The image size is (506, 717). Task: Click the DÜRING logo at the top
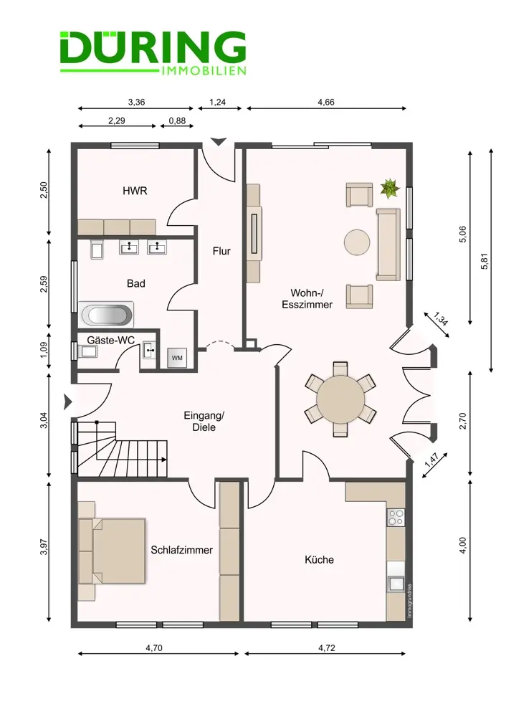[153, 52]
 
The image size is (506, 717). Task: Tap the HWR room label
[135, 191]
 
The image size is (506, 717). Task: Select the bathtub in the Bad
[106, 315]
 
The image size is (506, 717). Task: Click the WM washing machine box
[176, 358]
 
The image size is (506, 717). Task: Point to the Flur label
[221, 251]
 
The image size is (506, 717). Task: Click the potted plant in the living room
[390, 189]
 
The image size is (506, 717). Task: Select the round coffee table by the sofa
[357, 242]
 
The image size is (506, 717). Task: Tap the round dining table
[340, 399]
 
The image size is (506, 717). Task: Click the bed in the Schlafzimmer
[112, 551]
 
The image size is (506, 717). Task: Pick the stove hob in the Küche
[396, 517]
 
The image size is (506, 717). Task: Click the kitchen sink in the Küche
[396, 584]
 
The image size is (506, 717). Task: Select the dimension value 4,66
[326, 102]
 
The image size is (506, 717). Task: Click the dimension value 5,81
[484, 261]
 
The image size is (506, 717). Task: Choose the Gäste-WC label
[110, 340]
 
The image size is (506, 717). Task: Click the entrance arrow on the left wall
[67, 402]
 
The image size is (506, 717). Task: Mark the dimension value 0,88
[177, 120]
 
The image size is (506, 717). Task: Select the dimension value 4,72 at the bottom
[326, 647]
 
